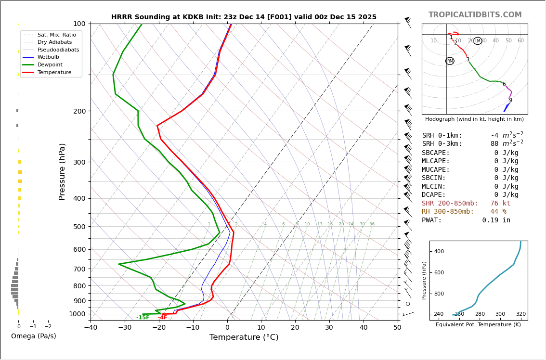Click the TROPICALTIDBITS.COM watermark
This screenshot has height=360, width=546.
475,15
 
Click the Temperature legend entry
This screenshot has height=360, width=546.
54,72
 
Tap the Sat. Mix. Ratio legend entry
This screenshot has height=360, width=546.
56,35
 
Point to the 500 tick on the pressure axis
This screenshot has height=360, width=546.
79,227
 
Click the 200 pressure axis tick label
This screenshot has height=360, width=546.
79,111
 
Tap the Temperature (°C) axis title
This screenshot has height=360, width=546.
244,337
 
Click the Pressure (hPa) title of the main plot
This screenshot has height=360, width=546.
62,171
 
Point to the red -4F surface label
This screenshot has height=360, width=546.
163,318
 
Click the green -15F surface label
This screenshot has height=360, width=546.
143,318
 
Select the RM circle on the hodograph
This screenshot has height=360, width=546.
450,61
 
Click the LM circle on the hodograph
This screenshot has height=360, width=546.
478,41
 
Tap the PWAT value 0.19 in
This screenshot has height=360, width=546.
496,220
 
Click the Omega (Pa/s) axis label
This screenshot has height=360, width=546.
33,336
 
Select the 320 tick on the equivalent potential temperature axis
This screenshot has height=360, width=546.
520,314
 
